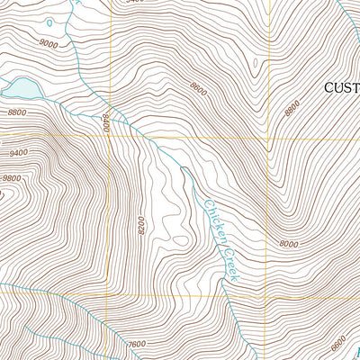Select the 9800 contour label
[11, 178]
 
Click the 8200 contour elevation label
[142, 226]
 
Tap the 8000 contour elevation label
[288, 244]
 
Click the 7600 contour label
[137, 343]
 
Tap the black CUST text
[342, 85]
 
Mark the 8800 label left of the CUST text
[291, 107]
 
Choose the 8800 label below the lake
[15, 112]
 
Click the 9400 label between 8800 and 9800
[17, 153]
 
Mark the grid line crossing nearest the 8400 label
[111, 137]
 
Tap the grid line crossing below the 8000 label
[269, 297]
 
